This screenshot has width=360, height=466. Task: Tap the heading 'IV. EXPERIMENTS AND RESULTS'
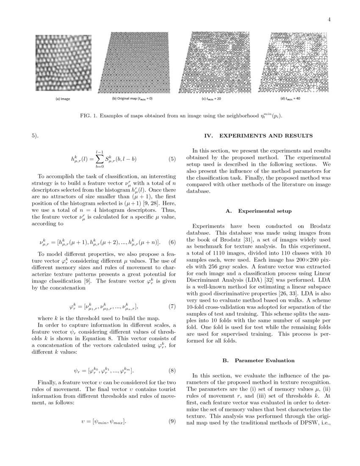point(258,136)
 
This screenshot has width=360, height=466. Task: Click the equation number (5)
point(172,160)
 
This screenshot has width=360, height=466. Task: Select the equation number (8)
point(172,371)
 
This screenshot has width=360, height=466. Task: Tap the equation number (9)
point(172,422)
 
